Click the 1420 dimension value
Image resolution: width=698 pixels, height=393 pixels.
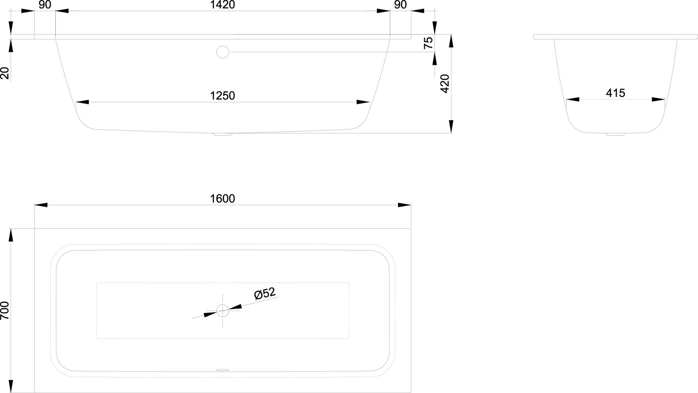pos(222,5)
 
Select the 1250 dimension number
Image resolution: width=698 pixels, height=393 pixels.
pos(222,96)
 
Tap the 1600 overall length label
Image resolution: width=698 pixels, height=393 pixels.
pos(222,199)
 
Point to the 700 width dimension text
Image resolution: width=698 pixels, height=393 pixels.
pos(5,310)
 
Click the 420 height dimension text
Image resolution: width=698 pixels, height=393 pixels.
pos(445,84)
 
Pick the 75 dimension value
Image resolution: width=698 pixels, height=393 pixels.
pos(429,42)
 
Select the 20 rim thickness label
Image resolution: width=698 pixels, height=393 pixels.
pos(5,73)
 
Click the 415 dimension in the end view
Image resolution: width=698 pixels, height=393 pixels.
pos(615,93)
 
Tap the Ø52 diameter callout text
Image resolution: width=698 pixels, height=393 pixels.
pos(264,294)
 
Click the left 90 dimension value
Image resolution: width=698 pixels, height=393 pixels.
pos(45,5)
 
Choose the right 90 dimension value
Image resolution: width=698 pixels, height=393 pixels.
pos(400,5)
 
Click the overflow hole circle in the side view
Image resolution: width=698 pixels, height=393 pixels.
pos(223,52)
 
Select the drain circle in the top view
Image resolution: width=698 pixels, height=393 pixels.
pos(222,310)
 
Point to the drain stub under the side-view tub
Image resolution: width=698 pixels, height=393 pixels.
pos(222,135)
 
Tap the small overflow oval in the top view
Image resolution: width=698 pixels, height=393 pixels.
pos(222,371)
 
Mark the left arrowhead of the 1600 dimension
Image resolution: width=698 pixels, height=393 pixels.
pos(41,205)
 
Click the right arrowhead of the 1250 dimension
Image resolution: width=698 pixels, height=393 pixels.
pos(363,102)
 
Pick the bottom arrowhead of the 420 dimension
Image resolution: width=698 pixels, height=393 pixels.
pos(451,127)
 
